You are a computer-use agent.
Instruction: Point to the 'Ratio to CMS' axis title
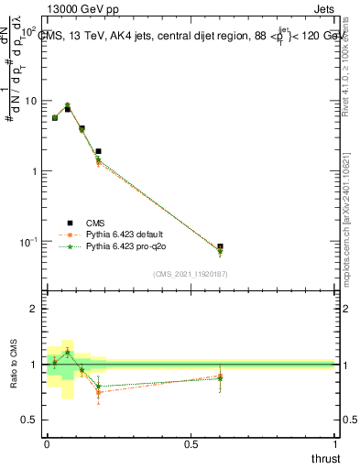pyautogui.click(x=13, y=365)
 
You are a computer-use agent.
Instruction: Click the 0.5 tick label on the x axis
pyautogui.click(x=191, y=444)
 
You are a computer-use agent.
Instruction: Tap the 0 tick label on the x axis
pyautogui.click(x=47, y=444)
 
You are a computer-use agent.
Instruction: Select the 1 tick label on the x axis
pyautogui.click(x=336, y=444)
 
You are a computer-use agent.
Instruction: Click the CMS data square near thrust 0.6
pyautogui.click(x=220, y=247)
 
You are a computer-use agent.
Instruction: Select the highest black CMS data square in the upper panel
pyautogui.click(x=68, y=109)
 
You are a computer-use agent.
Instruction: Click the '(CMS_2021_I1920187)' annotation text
pyautogui.click(x=190, y=274)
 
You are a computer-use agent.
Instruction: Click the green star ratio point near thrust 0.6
pyautogui.click(x=220, y=377)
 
